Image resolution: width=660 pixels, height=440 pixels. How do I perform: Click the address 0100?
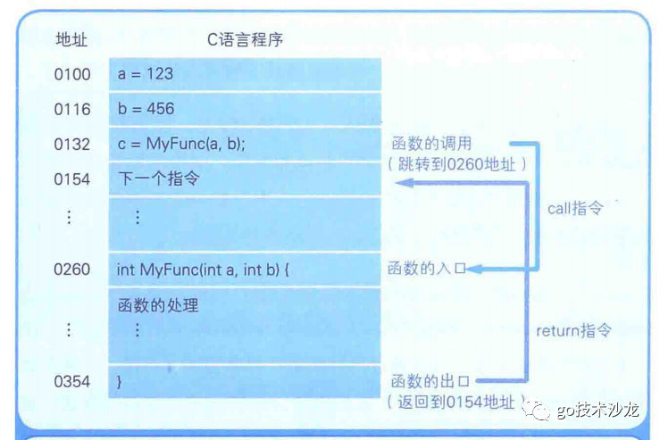point(72,74)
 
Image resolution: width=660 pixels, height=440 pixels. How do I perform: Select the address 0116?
point(72,109)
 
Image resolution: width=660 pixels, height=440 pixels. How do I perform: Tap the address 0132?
point(72,144)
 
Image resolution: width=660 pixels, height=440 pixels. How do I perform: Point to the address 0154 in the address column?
point(72,179)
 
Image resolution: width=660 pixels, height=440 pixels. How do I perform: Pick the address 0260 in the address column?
point(72,269)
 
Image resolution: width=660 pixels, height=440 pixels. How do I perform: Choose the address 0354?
point(72,381)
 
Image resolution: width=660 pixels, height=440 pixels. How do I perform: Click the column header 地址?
point(72,39)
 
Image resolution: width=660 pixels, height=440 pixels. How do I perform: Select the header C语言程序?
point(246,39)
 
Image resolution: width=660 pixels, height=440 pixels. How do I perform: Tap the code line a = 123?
point(146,74)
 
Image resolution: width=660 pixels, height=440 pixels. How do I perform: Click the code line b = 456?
point(146,109)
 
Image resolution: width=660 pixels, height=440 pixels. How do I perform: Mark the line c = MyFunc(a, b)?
point(181,144)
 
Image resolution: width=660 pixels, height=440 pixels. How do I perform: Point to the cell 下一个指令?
point(158,179)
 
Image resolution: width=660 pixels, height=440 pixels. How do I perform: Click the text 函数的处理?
point(158,305)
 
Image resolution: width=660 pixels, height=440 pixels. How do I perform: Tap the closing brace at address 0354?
point(120,381)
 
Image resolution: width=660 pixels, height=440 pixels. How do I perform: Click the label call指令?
point(575,208)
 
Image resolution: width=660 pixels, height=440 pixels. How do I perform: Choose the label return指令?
point(573,330)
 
